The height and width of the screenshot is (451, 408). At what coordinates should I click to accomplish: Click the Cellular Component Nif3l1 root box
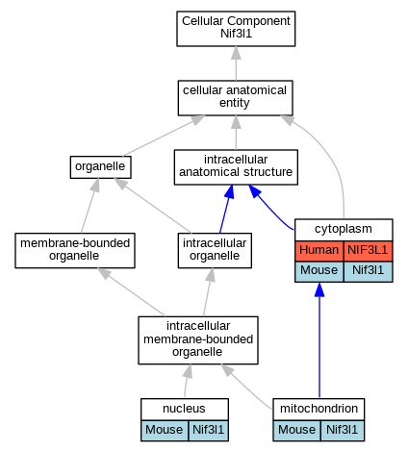point(236,29)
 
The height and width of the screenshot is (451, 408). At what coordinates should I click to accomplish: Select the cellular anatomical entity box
point(236,98)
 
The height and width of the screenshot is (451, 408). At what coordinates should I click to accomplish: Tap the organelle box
point(101,167)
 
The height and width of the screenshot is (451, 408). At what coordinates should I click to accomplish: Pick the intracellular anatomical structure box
point(236,167)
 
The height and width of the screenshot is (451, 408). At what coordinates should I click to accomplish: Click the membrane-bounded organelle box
point(75,250)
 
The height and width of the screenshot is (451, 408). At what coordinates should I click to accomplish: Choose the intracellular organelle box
point(215,250)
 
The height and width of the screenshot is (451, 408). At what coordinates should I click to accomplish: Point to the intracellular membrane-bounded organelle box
point(198,340)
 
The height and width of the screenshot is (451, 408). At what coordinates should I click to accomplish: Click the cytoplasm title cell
point(344,230)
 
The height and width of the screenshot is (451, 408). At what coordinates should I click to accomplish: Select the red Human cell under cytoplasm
point(319,251)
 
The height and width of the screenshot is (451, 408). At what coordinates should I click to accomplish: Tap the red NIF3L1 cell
point(369,251)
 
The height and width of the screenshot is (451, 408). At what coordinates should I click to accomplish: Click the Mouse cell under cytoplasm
point(319,271)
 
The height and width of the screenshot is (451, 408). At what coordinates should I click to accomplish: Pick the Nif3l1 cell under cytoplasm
point(369,271)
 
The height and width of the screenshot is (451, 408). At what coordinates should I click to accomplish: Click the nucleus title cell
point(185,409)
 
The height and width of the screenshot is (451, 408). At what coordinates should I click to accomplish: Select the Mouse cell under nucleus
point(165,431)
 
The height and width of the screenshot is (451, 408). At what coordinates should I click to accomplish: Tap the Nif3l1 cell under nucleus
point(209,431)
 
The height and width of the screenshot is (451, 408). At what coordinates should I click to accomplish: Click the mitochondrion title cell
point(319,409)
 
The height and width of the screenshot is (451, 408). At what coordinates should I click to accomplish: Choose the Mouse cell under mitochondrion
point(296,431)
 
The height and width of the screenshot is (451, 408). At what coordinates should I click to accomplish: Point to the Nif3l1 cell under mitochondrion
point(343,431)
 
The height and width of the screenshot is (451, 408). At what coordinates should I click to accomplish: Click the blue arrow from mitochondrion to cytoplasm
point(319,340)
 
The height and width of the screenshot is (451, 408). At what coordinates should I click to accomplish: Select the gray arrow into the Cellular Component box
point(236,63)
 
